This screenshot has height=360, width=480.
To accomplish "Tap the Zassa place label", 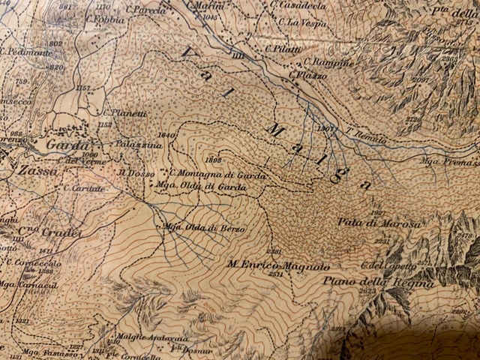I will (x=23, y=171).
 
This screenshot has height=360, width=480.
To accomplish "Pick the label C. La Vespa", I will (x=299, y=22).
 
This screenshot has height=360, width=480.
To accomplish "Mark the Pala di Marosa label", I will (x=370, y=223).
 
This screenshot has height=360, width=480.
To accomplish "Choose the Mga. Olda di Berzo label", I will (x=194, y=227).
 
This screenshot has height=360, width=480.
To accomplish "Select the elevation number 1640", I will (x=166, y=135).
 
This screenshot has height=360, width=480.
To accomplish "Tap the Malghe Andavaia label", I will (x=142, y=337).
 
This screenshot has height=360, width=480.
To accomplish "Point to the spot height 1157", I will (x=83, y=88).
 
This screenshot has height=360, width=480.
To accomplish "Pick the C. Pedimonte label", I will (x=27, y=52).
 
